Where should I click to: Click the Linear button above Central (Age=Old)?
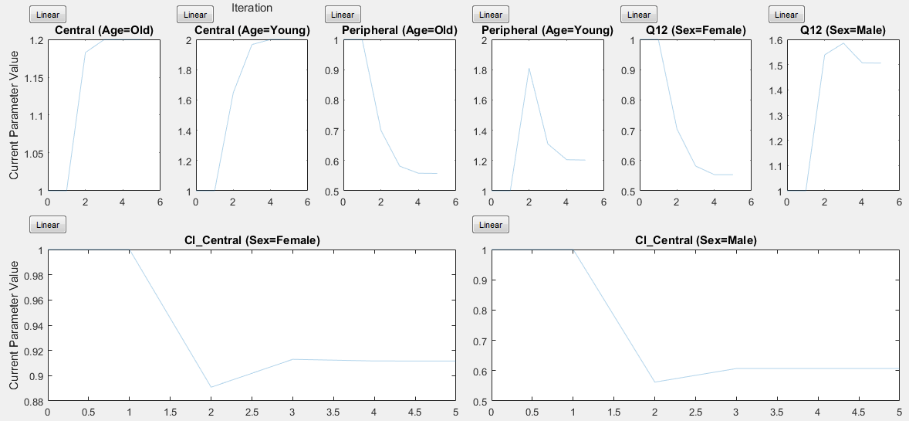48,15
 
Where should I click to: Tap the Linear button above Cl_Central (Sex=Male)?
491,225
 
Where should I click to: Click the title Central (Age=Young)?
252,30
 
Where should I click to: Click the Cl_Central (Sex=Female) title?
252,240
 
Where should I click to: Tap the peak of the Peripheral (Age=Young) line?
529,68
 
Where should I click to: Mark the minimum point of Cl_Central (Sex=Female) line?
211,387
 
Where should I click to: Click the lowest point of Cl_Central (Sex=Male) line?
655,382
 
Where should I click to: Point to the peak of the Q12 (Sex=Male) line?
843,43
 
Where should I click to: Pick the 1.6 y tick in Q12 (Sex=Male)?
775,40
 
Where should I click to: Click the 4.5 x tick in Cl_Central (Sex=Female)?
414,413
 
